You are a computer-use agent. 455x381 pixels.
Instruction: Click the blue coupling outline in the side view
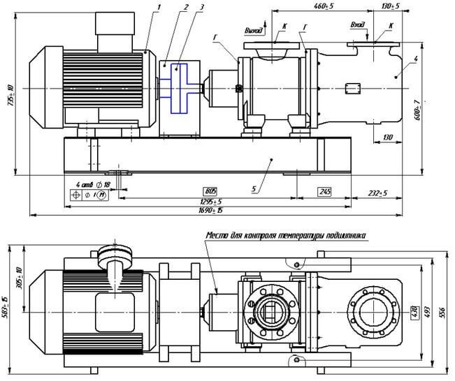[178, 87]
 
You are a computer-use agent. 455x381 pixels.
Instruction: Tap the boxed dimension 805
[210, 190]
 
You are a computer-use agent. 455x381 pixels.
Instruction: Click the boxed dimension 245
[324, 190]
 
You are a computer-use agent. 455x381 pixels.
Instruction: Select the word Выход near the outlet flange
[253, 30]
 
